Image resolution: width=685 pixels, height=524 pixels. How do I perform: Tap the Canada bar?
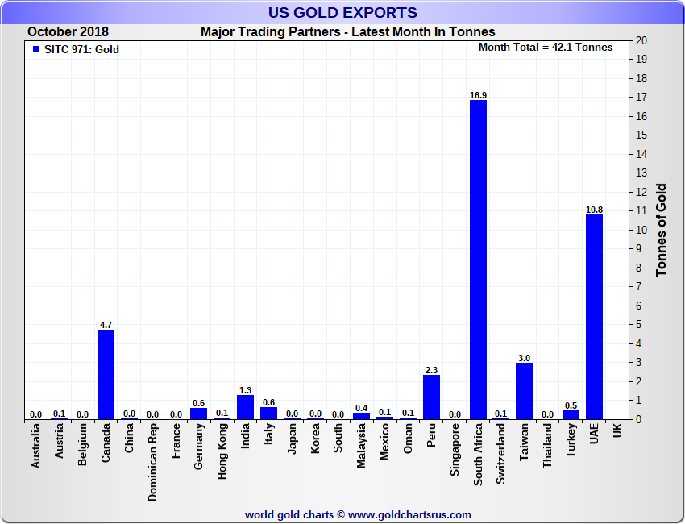click(106, 375)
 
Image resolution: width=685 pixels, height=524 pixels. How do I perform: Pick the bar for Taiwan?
click(525, 391)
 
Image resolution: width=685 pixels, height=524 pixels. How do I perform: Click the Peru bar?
click(431, 397)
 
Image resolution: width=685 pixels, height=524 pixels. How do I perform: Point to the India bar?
click(245, 407)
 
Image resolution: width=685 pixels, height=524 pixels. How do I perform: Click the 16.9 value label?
click(478, 95)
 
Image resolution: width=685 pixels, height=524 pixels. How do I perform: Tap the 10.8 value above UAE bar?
click(594, 210)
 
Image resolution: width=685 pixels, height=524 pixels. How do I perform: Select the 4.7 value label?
click(106, 325)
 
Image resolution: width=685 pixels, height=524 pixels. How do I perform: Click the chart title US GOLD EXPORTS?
click(342, 12)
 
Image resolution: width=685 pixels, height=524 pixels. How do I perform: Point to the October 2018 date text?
click(68, 32)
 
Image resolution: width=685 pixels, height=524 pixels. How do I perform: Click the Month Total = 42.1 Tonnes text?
click(545, 47)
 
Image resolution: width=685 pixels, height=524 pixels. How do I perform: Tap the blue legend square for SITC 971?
click(35, 50)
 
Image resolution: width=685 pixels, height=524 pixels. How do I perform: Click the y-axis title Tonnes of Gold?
click(662, 230)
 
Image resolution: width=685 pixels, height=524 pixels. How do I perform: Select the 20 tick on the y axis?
click(641, 40)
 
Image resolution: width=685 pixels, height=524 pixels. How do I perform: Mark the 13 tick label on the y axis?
click(641, 173)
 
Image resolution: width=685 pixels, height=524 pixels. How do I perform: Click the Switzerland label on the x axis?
click(501, 455)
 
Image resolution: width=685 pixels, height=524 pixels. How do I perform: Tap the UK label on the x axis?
click(617, 431)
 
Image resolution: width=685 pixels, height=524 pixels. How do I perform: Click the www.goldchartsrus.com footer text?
click(409, 514)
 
